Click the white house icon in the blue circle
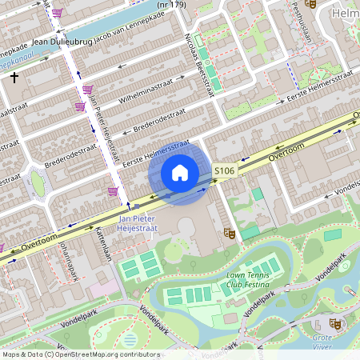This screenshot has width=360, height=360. (x=180, y=172)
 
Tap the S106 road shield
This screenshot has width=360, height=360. (x=225, y=171)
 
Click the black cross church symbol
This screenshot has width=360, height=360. (x=14, y=78)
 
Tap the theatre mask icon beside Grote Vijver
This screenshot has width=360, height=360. (x=336, y=324)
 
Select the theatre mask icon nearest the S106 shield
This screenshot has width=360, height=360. (x=229, y=233)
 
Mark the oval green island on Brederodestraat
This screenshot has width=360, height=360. (x=38, y=183)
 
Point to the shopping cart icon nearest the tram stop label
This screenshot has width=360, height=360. (x=114, y=191)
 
